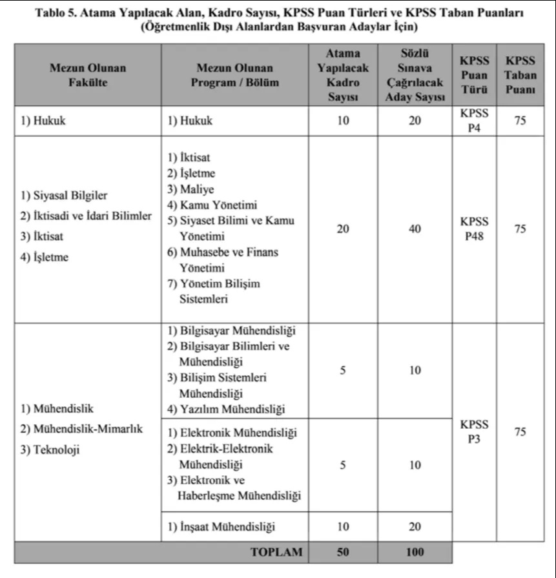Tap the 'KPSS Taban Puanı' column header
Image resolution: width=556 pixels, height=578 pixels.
click(520, 75)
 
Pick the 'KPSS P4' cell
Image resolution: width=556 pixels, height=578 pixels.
click(475, 120)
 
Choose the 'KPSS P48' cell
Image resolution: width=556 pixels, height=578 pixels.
click(475, 229)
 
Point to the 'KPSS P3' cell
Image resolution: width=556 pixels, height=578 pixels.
click(475, 432)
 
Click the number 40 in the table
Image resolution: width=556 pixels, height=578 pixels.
click(415, 229)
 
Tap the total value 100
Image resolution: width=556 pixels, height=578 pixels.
click(415, 552)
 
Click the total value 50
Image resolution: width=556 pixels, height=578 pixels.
click(343, 552)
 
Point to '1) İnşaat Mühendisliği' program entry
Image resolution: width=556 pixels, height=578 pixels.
click(221, 527)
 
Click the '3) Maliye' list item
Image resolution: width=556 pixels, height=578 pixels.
click(190, 190)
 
